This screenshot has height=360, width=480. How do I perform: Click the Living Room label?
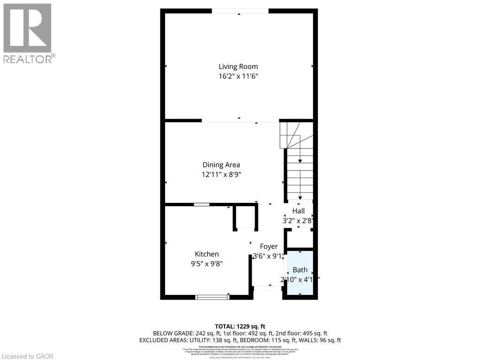[x=238, y=67]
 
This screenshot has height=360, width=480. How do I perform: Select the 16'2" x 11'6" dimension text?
[x=238, y=76]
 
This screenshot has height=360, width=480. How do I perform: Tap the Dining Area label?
[x=221, y=165]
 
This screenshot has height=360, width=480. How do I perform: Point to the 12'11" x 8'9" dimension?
[x=221, y=174]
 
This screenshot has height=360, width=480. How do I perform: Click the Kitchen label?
[x=207, y=254]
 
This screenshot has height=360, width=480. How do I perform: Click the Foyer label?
[x=269, y=247]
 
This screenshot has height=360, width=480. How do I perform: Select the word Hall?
[x=299, y=211]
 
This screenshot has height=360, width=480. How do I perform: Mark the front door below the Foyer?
[x=268, y=288]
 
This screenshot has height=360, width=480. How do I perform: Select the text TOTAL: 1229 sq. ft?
[x=240, y=326]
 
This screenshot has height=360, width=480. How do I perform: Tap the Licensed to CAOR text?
[x=28, y=356]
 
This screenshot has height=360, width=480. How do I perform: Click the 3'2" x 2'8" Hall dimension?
[x=298, y=220]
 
